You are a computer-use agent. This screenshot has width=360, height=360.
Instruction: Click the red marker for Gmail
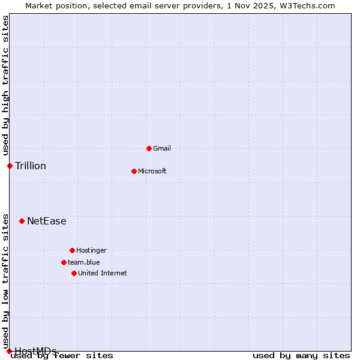149,148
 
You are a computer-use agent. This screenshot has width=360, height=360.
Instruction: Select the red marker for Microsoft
134,171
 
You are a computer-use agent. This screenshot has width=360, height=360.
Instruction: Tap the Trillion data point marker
10,166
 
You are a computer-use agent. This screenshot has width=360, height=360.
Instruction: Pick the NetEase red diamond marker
22,221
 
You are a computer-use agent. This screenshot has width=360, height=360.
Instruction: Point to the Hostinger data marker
72,250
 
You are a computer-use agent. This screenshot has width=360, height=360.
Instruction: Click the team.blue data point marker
64,262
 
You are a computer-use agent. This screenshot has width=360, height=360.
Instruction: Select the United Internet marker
74,273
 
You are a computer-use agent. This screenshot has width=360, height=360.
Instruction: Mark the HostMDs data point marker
9,351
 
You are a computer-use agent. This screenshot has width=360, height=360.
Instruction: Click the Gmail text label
162,148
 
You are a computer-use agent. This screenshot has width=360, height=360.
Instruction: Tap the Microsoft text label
152,171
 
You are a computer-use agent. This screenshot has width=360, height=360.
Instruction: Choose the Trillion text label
31,166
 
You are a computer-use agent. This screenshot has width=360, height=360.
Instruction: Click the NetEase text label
47,221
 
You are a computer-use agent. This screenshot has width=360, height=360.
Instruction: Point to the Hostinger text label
92,250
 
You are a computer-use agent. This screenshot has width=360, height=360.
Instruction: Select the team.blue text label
84,262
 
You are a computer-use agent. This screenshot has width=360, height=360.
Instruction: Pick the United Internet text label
103,273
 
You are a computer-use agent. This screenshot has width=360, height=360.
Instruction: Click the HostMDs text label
35,351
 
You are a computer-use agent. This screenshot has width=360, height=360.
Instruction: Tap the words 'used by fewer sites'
62,356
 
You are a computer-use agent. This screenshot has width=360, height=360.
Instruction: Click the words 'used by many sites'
301,356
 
